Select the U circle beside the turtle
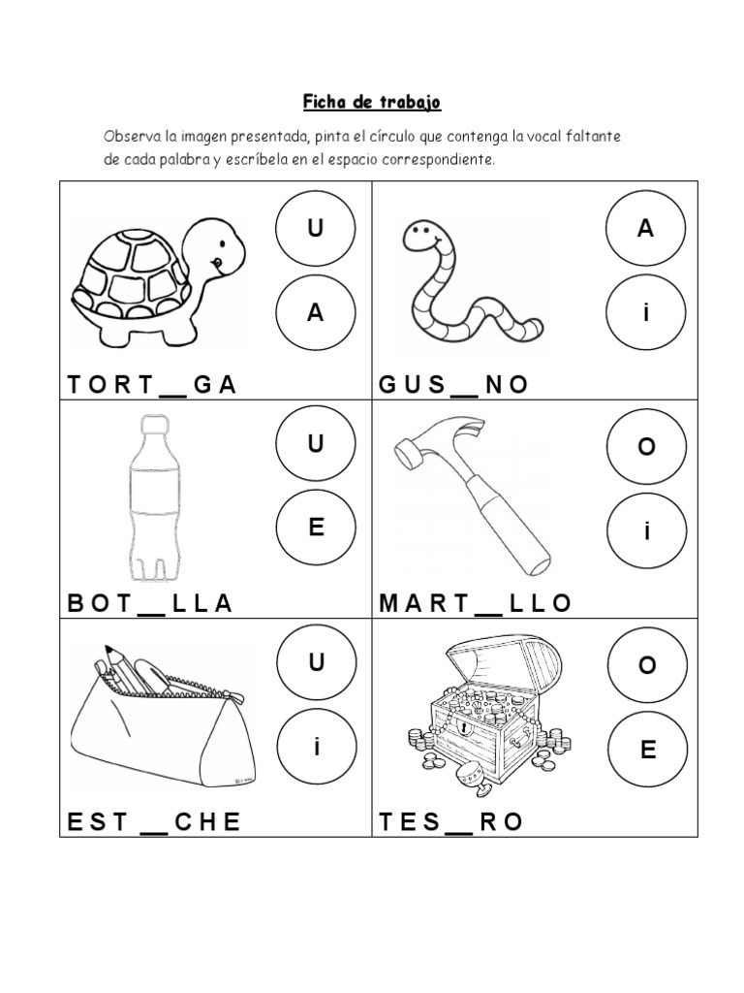coord(314,229)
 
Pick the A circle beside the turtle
coord(314,312)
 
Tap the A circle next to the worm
coord(644,229)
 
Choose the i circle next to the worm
coord(644,312)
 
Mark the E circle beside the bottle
coord(314,529)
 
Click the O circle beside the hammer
coord(646,447)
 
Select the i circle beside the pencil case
coord(316,748)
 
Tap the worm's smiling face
coord(420,236)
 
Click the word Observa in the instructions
coord(132,137)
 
